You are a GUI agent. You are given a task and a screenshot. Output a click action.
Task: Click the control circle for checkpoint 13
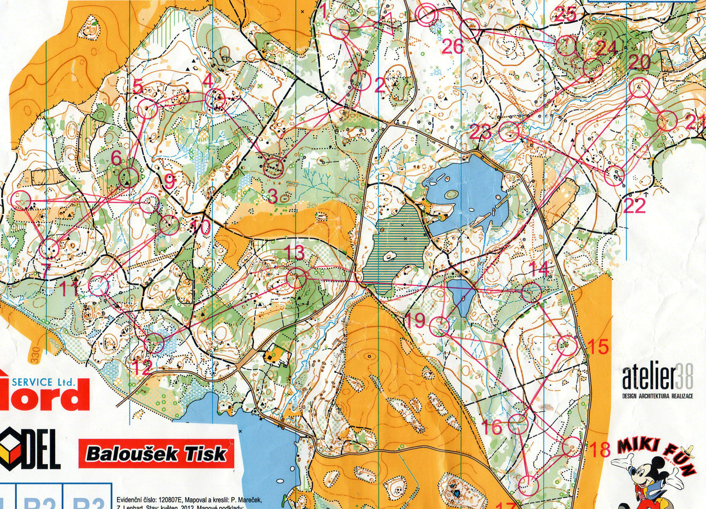tap(296, 278)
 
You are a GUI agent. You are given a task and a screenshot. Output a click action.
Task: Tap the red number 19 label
tap(415, 321)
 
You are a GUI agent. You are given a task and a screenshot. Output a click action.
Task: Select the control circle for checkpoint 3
tap(274, 168)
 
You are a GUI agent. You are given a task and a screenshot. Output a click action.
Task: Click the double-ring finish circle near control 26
tap(427, 14)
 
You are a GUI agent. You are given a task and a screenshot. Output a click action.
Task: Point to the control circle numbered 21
tap(666, 121)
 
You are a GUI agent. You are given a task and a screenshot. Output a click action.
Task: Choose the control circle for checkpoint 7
tap(50, 247)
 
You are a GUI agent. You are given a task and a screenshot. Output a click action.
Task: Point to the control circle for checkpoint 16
tap(518, 423)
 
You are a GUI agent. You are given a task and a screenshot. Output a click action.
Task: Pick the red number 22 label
tap(634, 206)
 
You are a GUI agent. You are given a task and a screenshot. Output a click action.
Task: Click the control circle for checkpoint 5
tap(147, 109)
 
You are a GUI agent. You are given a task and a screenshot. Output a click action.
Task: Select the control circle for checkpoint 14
tap(531, 292)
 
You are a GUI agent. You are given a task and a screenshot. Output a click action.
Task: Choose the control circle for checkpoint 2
tap(362, 81)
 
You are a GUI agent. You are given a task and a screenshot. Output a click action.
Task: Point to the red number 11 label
tap(70, 289)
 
